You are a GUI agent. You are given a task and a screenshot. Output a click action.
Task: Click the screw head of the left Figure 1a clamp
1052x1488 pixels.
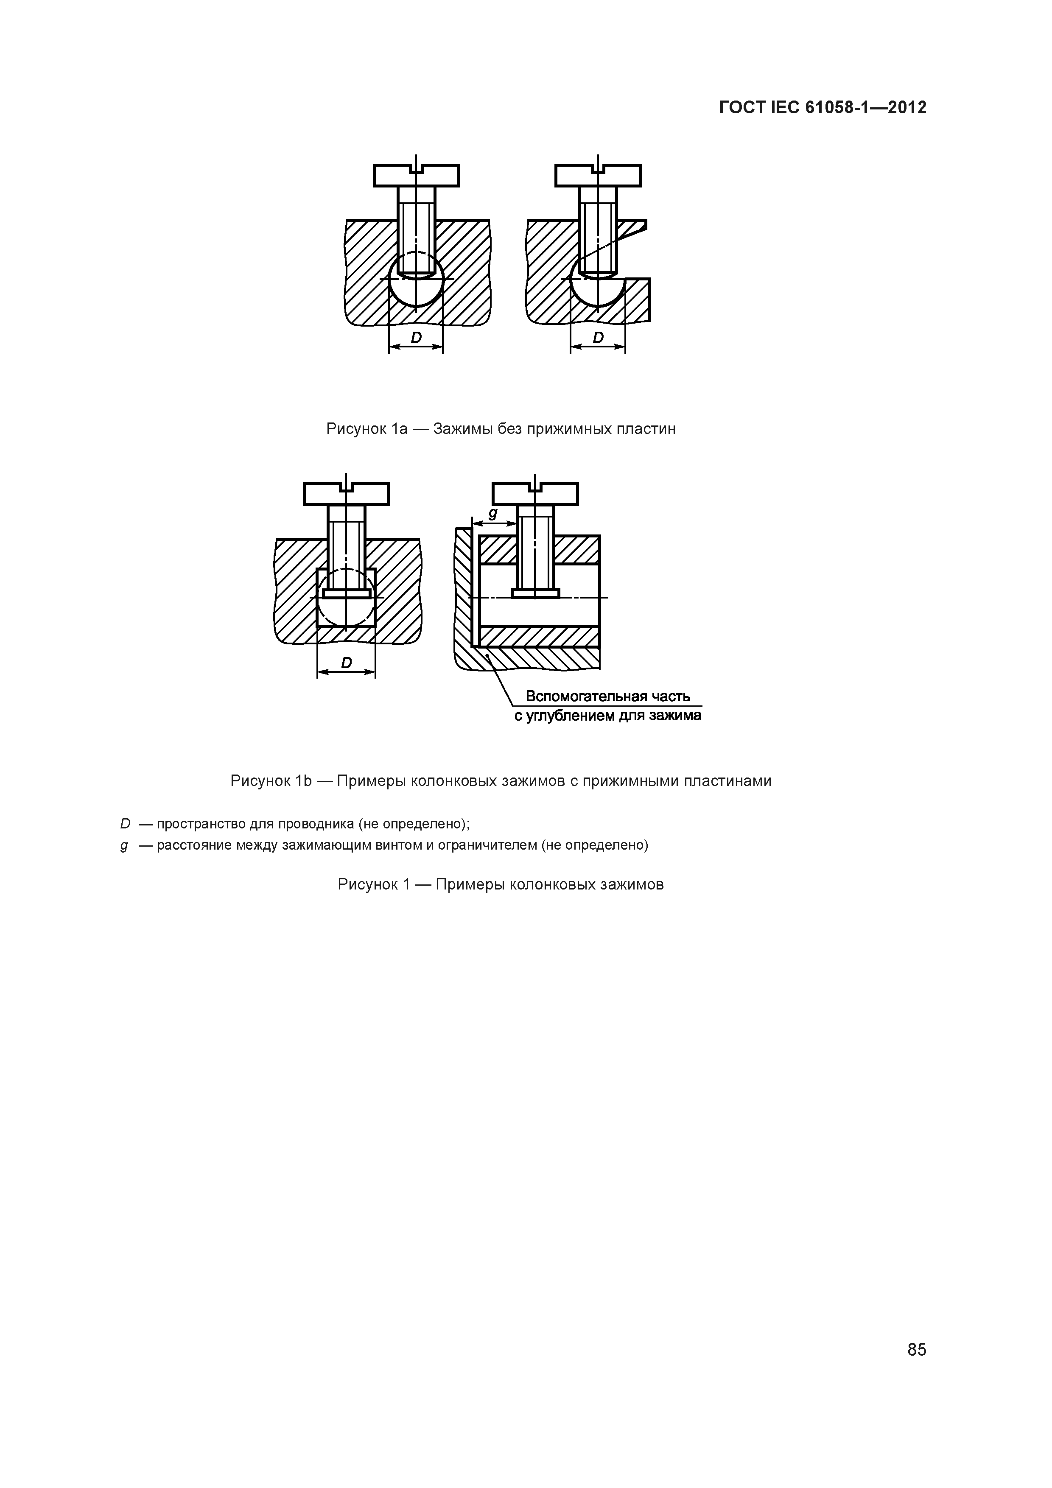[x=416, y=176]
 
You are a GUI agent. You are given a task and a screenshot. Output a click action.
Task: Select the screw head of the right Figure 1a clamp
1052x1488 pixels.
[x=598, y=176]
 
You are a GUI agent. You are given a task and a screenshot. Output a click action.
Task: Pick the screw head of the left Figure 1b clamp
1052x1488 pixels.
[x=346, y=494]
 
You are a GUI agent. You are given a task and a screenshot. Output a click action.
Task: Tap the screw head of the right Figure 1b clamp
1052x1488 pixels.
[x=535, y=494]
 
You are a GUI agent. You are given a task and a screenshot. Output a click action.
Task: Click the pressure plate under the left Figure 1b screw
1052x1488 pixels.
[x=347, y=593]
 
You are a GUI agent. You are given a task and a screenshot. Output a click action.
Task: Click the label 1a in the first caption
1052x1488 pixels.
[x=399, y=428]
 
